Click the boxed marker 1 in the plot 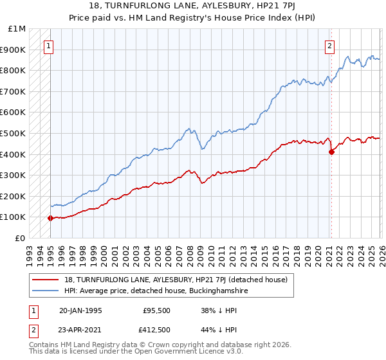[50, 46]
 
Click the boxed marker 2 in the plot [329, 46]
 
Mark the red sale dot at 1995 [50, 218]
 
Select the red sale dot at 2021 [331, 152]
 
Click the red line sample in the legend [46, 280]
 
